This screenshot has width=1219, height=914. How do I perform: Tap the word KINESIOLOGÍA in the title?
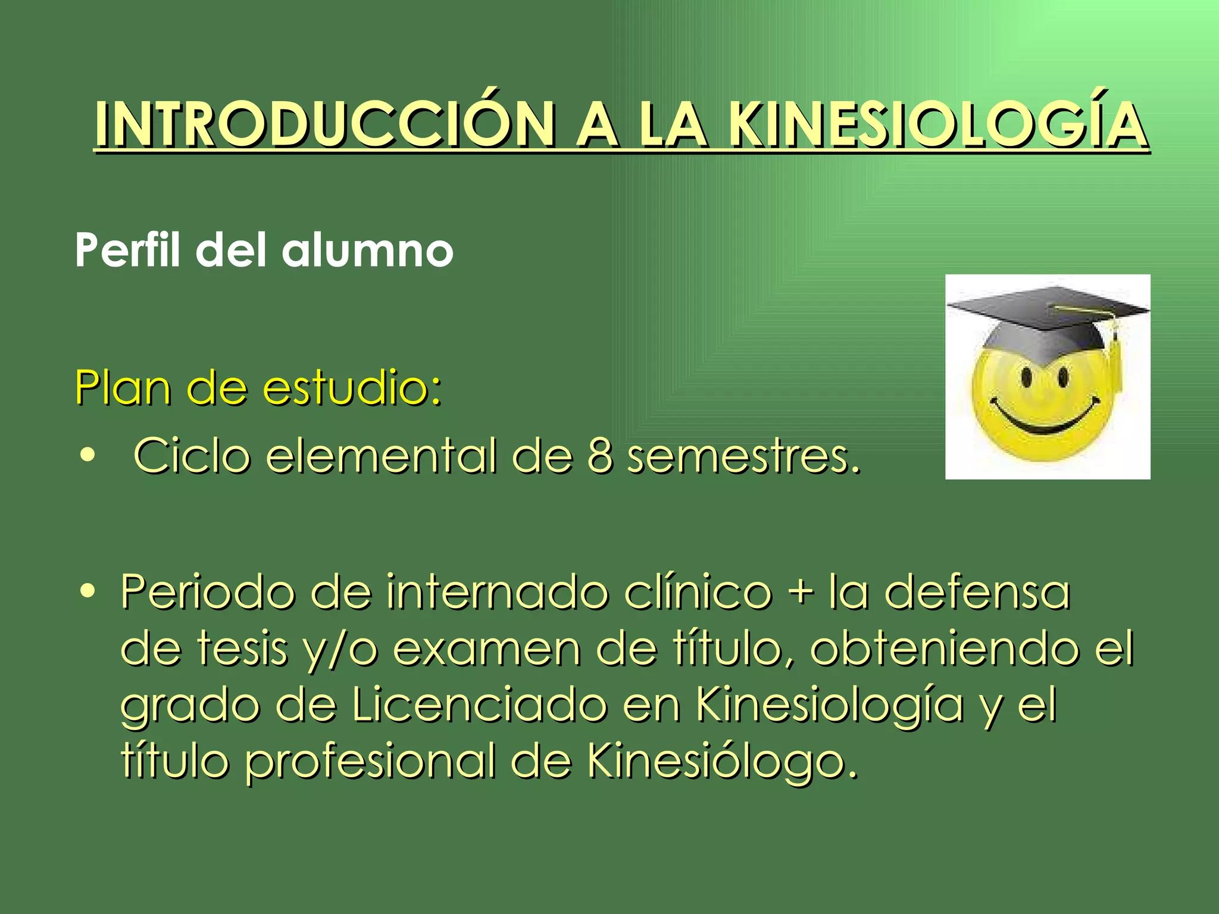click(x=937, y=126)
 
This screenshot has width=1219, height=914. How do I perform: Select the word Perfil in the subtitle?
click(x=127, y=250)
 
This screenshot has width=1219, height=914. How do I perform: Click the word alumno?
click(x=367, y=250)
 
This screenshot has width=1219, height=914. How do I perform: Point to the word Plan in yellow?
click(x=122, y=388)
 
